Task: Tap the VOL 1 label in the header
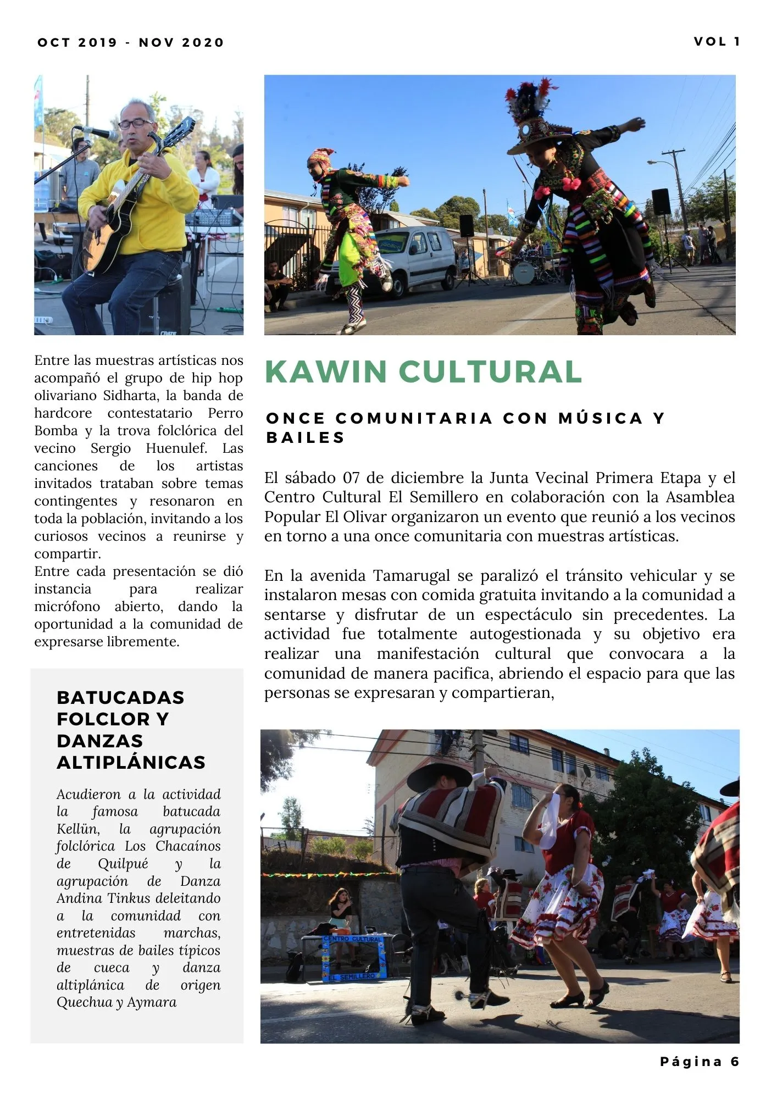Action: click(x=717, y=42)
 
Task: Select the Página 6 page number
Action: click(x=700, y=1062)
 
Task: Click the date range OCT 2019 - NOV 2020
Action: click(x=131, y=43)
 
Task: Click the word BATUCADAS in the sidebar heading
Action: click(x=120, y=697)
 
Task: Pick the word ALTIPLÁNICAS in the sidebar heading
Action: click(x=131, y=762)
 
